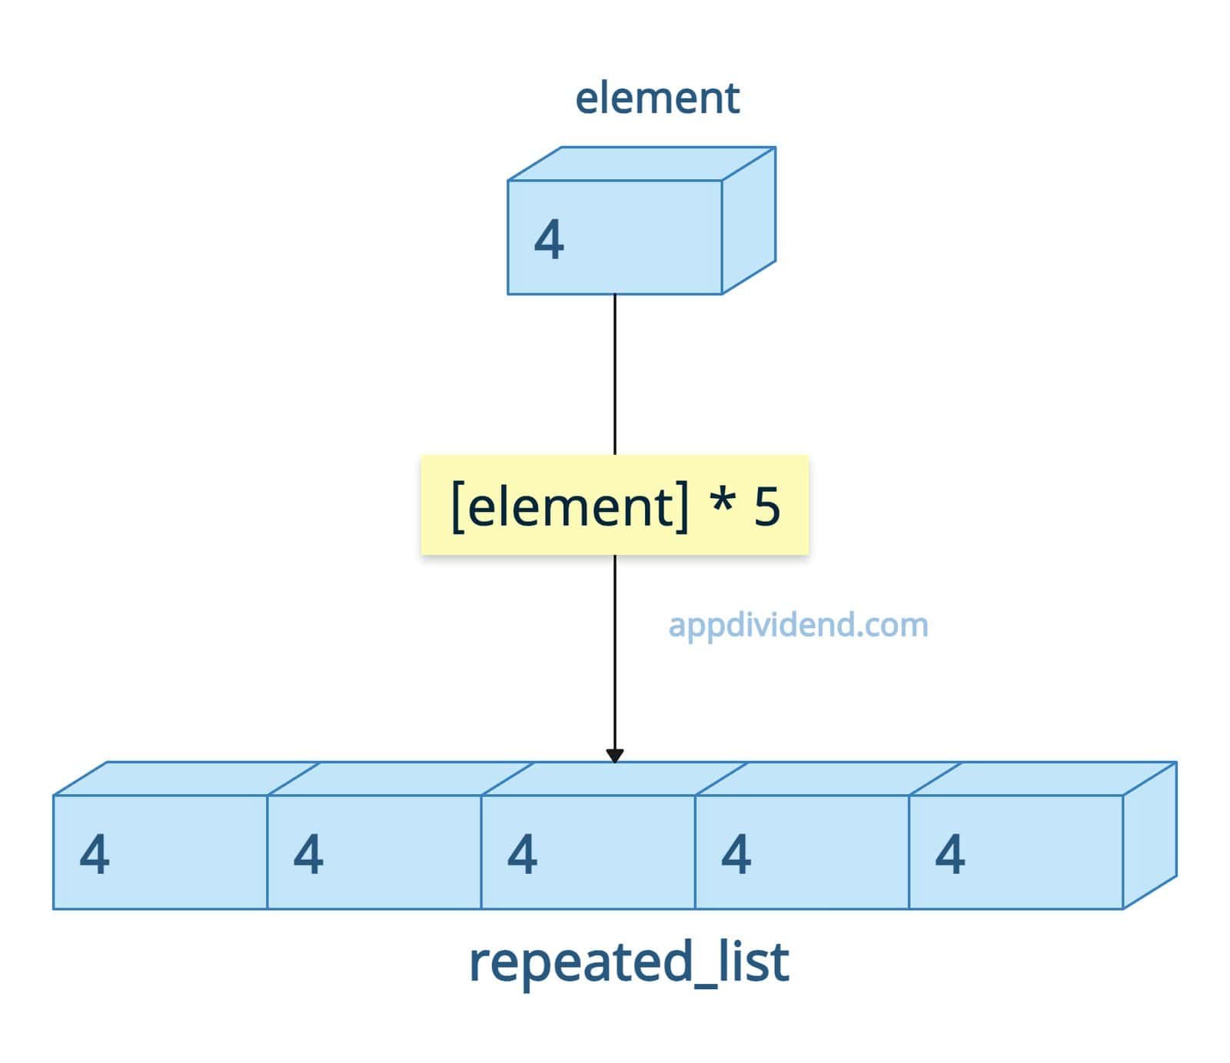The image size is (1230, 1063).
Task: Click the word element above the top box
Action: click(657, 98)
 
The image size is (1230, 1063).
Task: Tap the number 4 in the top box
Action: click(549, 240)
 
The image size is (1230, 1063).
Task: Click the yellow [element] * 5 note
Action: click(614, 505)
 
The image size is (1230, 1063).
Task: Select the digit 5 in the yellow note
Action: click(766, 507)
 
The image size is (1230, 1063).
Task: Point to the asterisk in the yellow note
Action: click(721, 503)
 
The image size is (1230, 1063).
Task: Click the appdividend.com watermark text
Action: click(798, 625)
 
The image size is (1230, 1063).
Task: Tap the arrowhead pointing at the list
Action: click(614, 756)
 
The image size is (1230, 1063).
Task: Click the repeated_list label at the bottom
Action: click(629, 962)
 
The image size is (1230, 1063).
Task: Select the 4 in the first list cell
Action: click(95, 854)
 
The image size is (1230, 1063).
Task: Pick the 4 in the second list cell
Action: click(308, 854)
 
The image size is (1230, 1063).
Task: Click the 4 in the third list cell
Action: click(522, 854)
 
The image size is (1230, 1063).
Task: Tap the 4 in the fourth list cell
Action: click(736, 854)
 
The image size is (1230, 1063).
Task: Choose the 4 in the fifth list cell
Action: click(949, 854)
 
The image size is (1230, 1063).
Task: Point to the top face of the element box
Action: click(642, 164)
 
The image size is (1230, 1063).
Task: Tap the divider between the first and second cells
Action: click(267, 852)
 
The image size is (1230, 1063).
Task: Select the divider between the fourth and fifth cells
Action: click(909, 852)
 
